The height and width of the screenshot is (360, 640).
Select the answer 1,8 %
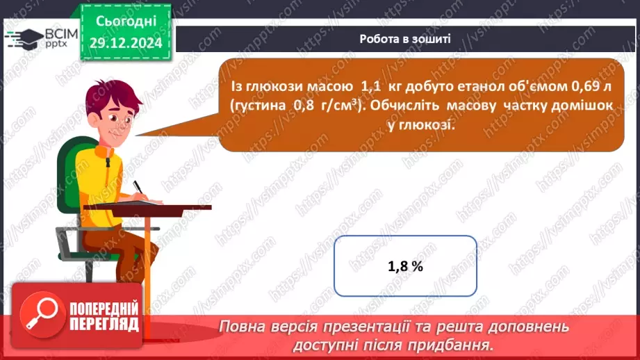click(405, 265)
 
